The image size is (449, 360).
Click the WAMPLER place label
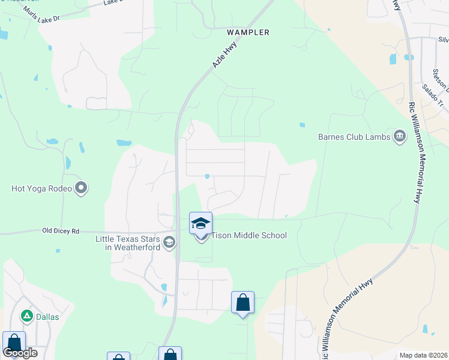tap(248, 32)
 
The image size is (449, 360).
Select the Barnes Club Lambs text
tap(354, 136)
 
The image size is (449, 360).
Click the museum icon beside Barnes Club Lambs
tap(399, 136)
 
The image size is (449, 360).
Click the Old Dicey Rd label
tap(61, 230)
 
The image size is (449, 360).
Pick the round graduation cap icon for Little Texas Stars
tap(169, 242)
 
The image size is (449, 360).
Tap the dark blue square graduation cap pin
tap(200, 223)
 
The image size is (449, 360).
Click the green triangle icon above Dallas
tap(26, 316)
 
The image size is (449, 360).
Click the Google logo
tap(20, 352)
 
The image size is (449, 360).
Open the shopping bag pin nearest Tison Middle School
tap(243, 302)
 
